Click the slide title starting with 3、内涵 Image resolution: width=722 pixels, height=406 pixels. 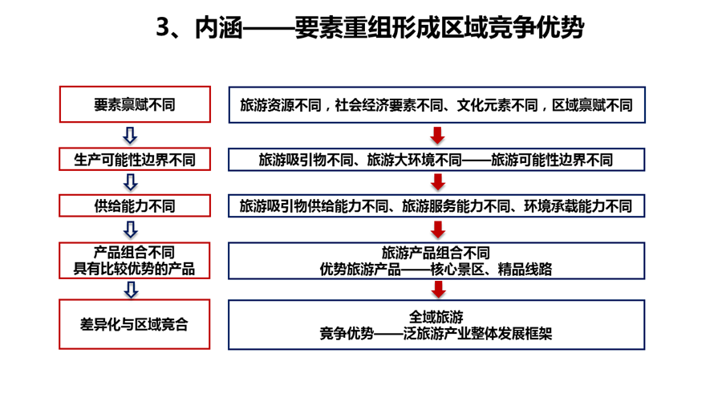[x=370, y=27]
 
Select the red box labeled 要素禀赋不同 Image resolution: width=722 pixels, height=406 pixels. [x=135, y=104]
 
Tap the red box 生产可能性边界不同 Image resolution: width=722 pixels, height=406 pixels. [x=135, y=159]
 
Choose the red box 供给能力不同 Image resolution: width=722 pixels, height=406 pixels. [x=135, y=205]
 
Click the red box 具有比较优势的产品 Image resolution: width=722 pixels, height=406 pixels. [x=135, y=261]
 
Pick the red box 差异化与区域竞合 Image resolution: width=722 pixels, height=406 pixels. [x=135, y=324]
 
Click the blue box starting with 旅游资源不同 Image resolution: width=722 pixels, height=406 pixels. [x=437, y=105]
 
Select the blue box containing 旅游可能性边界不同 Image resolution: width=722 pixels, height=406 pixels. [x=436, y=160]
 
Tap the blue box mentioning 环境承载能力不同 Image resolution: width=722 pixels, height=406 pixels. [x=436, y=205]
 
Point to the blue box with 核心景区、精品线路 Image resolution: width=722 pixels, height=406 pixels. [x=436, y=261]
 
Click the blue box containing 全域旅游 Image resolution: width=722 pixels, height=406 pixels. [x=436, y=324]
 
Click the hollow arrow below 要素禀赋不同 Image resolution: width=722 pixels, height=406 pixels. [x=130, y=136]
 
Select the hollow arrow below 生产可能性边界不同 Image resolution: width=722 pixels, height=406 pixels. [x=131, y=182]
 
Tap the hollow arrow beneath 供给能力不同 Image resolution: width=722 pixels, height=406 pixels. [x=131, y=229]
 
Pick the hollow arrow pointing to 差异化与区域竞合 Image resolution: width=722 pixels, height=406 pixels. [x=132, y=290]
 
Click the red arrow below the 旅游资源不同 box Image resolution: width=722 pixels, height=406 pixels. [x=437, y=136]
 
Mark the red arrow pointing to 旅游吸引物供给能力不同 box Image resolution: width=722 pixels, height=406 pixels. [x=438, y=182]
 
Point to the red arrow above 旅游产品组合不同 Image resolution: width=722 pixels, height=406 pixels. [x=438, y=229]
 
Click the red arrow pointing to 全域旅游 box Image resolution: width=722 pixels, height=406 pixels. [x=438, y=290]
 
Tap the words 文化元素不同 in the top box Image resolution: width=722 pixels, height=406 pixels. [x=497, y=105]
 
